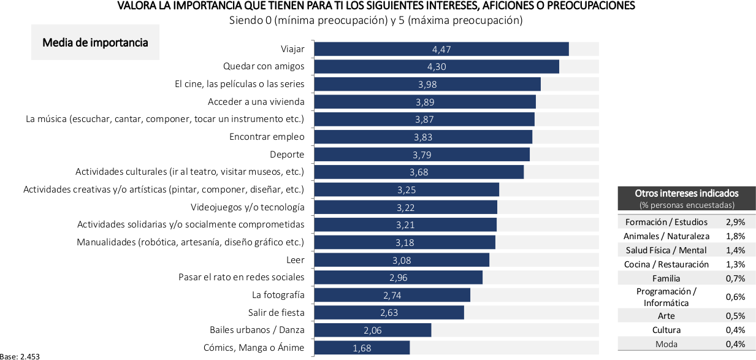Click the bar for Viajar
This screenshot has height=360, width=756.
(441, 49)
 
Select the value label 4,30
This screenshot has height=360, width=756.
(437, 67)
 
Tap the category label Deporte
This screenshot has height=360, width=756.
(287, 155)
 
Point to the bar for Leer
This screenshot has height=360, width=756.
(402, 260)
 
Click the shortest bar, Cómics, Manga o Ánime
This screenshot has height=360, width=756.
(362, 348)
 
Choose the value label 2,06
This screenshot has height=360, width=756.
(373, 331)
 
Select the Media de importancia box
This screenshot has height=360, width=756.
(95, 43)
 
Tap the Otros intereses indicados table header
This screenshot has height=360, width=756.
(687, 198)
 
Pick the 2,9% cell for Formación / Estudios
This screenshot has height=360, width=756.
(735, 222)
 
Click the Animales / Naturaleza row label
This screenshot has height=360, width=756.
(666, 236)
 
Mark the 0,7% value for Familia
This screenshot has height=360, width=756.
(735, 278)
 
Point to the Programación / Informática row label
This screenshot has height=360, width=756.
(666, 297)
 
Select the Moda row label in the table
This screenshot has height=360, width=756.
(666, 344)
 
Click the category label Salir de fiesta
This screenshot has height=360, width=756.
(276, 313)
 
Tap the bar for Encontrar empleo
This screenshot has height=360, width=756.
(423, 137)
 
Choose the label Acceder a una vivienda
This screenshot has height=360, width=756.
(256, 102)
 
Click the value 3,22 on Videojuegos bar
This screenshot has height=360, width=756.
(406, 207)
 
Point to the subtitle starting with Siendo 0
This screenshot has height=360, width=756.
(375, 20)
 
